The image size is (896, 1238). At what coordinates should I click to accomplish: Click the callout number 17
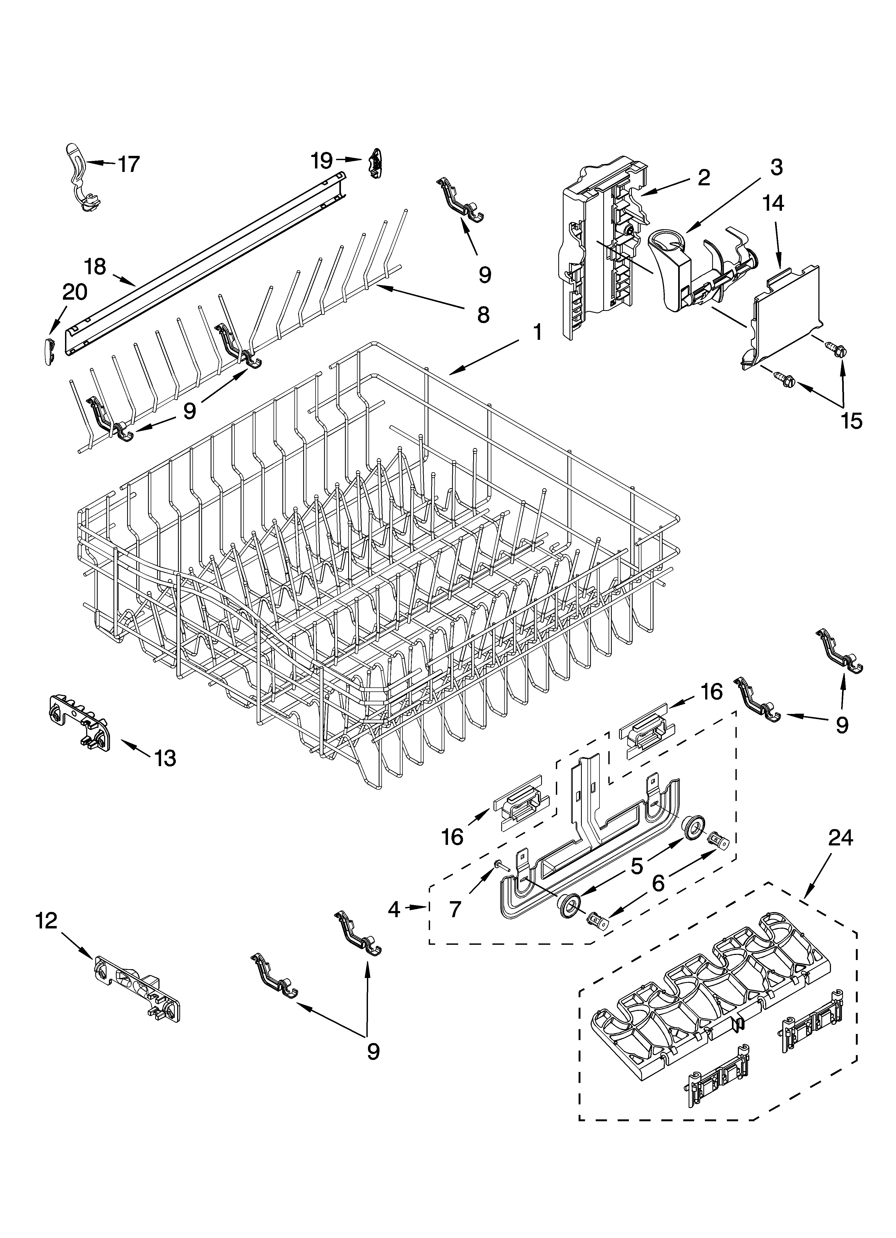(x=129, y=164)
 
